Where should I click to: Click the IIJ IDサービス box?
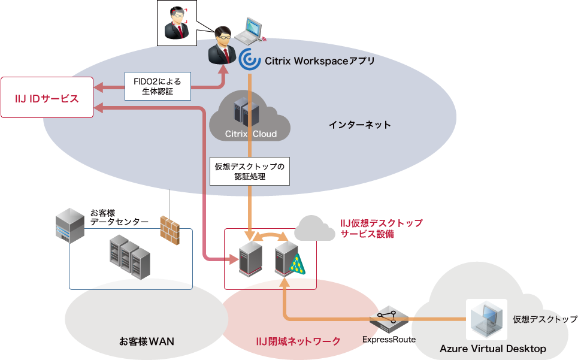pos(47,97)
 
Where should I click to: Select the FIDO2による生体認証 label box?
pos(158,86)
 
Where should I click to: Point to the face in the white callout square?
pos(177,23)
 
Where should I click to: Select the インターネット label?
pos(359,125)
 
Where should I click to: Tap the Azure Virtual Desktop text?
pos(493,349)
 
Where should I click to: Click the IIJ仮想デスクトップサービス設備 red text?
pos(381,228)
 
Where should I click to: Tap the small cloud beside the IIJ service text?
pos(314,228)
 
